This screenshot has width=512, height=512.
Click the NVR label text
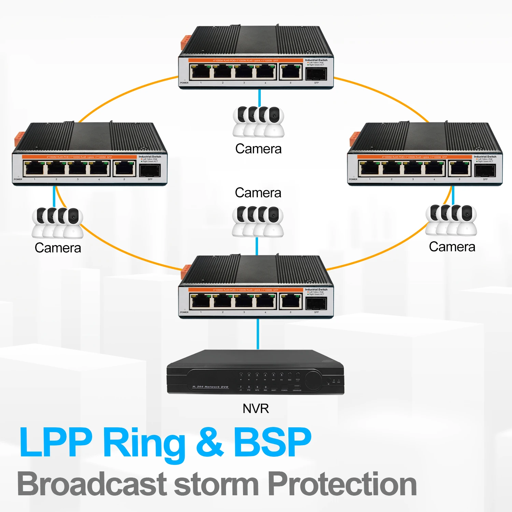pyautogui.click(x=256, y=409)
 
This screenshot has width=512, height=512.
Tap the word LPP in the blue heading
pyautogui.click(x=56, y=443)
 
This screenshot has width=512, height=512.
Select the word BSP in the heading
pyautogui.click(x=272, y=443)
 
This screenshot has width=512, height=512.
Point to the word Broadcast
pyautogui.click(x=91, y=484)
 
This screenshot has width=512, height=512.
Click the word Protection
pyautogui.click(x=342, y=484)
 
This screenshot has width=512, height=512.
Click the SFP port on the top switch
pyautogui.click(x=316, y=73)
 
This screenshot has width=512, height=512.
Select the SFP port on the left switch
pyautogui.click(x=150, y=170)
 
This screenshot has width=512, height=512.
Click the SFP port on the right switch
pyautogui.click(x=485, y=170)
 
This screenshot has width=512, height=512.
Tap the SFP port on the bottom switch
pyautogui.click(x=316, y=303)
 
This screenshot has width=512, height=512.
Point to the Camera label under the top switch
pyautogui.click(x=258, y=149)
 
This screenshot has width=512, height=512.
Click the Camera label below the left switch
pyautogui.click(x=58, y=248)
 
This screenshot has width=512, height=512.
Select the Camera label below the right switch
pyautogui.click(x=452, y=247)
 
